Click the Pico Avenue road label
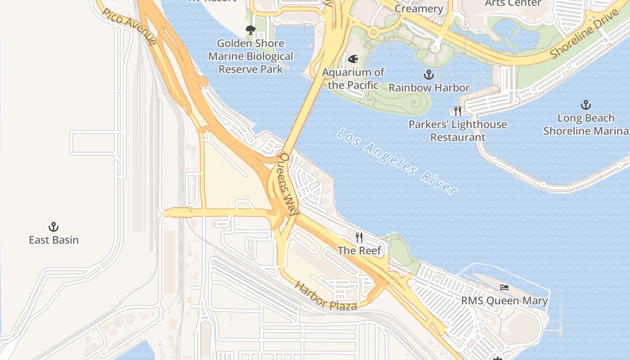point(130,27)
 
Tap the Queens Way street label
point(288,184)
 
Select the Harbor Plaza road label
point(326,296)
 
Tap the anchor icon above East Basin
point(54,227)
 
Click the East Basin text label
point(54,240)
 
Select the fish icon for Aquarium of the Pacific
point(353,59)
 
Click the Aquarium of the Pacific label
point(353,78)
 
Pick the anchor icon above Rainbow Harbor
point(429,75)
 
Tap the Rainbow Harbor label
point(429,87)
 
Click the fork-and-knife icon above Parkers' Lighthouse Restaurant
point(458,111)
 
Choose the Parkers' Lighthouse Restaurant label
point(458,130)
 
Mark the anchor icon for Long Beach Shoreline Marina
point(585,105)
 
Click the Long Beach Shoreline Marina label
point(585,125)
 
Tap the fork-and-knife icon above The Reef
point(359,238)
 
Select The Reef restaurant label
point(359,251)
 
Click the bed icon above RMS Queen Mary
point(504,288)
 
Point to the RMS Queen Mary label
point(504,301)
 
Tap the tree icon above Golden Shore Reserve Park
point(251,30)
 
